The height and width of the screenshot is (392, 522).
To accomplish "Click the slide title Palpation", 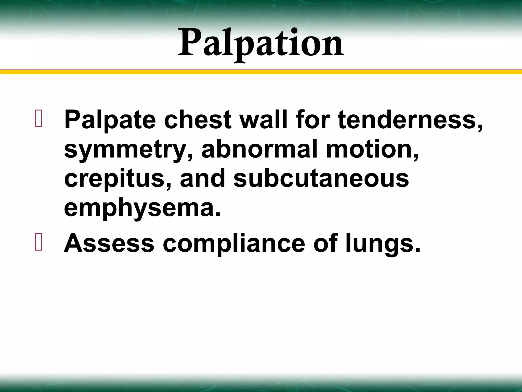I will click(261, 43).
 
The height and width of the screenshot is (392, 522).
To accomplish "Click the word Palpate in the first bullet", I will click(110, 120).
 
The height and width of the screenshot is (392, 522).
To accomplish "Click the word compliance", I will click(234, 244).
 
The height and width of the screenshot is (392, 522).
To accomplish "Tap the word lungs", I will click(383, 244).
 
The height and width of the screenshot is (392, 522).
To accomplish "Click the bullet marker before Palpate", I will click(39, 118).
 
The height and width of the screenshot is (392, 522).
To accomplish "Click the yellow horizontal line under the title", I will click(261, 72).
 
